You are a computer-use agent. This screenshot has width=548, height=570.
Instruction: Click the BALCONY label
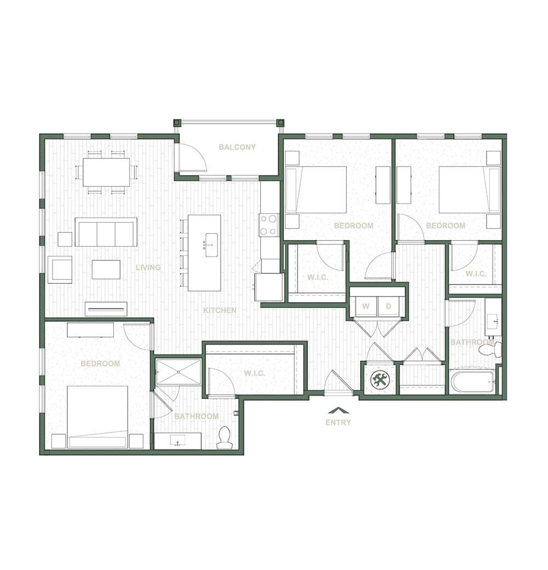pos(237,147)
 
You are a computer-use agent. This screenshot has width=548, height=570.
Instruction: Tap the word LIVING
pos(149,267)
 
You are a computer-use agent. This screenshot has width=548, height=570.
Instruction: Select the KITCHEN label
pos(220,310)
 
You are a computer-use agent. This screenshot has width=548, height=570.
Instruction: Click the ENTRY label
pos(338,423)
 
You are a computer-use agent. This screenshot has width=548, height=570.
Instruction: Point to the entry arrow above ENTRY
pos(338,411)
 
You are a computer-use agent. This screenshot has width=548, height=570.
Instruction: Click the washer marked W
pos(366,306)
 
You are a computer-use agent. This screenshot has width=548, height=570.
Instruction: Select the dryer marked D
pos(388,306)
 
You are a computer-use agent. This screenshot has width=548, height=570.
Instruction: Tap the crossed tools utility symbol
pos(380,380)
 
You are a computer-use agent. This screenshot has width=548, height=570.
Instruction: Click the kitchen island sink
pos(212,244)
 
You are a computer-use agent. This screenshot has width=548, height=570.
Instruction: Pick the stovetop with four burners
pos(269,225)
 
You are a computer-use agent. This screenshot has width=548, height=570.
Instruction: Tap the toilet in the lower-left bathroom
pos(223,438)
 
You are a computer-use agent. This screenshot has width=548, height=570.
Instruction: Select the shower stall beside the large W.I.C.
pos(178,372)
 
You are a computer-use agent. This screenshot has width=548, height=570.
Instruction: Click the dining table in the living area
pos(106,172)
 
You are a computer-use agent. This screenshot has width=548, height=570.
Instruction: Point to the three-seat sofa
pos(106,232)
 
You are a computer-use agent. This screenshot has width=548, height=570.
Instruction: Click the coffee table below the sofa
pos(106,269)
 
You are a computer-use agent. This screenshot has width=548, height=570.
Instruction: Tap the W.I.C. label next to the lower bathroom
pos(254,373)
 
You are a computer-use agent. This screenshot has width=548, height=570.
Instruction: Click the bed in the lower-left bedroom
pos(98,417)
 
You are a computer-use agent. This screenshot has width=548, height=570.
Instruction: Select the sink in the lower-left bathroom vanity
pos(178,441)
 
